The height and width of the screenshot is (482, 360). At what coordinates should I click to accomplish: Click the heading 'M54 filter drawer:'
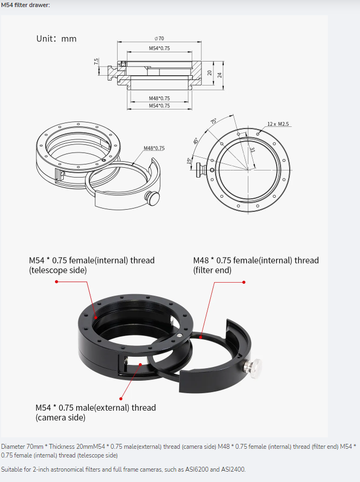point(26,5)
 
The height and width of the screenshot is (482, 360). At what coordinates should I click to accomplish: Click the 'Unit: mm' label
point(56,39)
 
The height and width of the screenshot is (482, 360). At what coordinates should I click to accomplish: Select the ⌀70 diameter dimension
point(160,39)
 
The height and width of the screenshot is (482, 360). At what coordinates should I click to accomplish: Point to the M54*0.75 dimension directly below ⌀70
point(160,48)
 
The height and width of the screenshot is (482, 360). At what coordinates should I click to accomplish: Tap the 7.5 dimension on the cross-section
point(96,62)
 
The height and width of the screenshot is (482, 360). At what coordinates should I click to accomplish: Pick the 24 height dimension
point(220,75)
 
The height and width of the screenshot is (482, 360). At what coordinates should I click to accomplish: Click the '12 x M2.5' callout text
point(278,124)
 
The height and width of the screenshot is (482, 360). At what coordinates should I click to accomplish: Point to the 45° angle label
point(196,141)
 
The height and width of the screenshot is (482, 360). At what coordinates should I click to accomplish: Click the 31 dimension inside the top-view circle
point(252,150)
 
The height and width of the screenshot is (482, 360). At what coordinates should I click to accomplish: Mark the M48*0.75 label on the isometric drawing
point(154,148)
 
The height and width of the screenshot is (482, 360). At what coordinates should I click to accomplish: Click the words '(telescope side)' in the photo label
point(58,270)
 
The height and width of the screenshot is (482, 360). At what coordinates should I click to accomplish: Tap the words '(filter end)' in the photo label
point(212,270)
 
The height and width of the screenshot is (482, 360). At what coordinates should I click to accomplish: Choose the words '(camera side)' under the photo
point(60,418)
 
